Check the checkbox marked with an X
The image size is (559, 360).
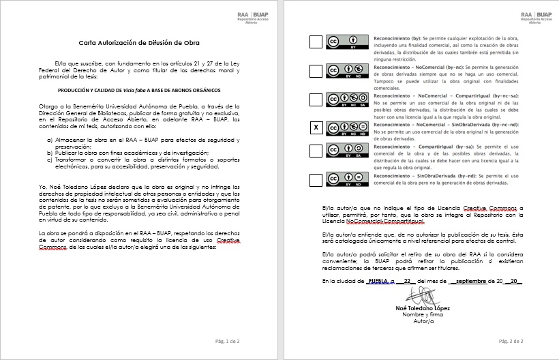[316, 127]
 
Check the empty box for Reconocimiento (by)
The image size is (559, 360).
[316, 42]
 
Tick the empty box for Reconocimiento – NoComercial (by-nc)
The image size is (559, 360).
[316, 70]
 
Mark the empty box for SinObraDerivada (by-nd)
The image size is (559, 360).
[316, 180]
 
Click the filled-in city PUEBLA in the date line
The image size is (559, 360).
[379, 281]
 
